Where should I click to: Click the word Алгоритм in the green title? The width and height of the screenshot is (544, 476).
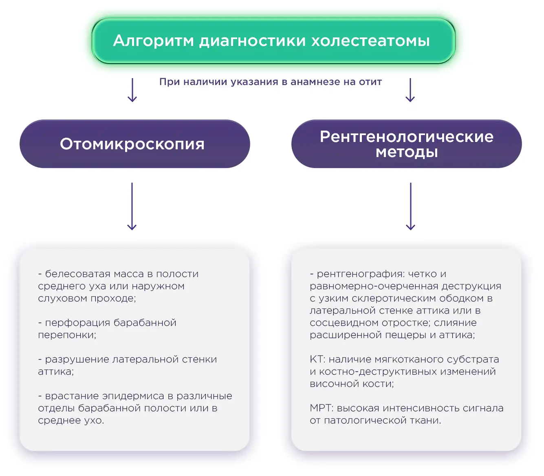(153, 41)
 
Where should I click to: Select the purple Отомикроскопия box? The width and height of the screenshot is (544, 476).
(134, 144)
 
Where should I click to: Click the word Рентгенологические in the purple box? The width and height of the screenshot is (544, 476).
(406, 137)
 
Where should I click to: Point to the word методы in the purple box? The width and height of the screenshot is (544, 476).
(406, 152)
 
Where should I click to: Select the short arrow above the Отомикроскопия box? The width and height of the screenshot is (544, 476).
(132, 90)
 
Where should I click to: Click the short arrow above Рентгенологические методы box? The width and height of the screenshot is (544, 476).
(410, 90)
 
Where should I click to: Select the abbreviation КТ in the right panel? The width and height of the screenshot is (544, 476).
(316, 359)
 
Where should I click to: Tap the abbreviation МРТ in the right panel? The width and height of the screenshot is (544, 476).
(321, 408)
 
